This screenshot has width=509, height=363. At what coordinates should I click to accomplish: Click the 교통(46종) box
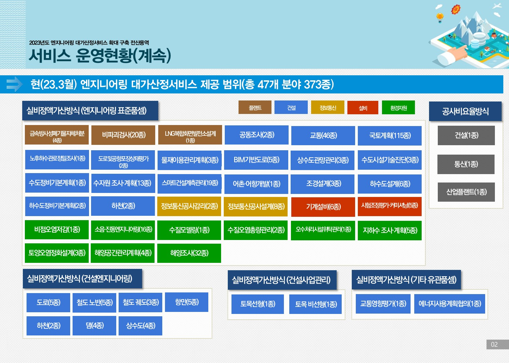click(x=323, y=135)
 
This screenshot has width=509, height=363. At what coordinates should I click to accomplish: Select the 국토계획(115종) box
click(x=389, y=135)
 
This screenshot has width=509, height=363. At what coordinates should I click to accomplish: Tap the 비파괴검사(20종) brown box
click(x=123, y=135)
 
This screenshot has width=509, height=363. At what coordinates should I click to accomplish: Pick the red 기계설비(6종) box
click(x=323, y=207)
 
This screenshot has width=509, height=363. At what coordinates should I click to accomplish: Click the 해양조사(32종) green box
click(x=189, y=253)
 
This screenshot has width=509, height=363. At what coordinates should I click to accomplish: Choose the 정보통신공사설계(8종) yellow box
click(x=256, y=206)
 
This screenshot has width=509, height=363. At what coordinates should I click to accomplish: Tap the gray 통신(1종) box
click(x=466, y=164)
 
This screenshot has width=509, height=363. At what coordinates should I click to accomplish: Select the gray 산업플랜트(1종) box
click(x=466, y=192)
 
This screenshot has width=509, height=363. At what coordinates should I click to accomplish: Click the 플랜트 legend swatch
click(x=255, y=107)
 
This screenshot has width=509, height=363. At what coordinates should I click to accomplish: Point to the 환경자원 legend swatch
click(x=398, y=107)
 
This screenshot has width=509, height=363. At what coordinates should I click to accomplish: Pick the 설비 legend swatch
click(x=363, y=108)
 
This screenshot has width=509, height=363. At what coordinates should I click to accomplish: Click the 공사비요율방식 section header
click(x=465, y=111)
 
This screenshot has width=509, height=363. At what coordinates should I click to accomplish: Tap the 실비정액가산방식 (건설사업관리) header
click(x=282, y=280)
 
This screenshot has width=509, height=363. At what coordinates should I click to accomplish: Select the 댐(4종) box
click(x=94, y=325)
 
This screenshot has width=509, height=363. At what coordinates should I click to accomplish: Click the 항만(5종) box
click(x=186, y=302)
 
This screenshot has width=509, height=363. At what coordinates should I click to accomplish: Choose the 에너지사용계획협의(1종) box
click(x=450, y=304)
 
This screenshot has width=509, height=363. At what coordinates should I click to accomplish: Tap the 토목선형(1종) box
click(x=258, y=304)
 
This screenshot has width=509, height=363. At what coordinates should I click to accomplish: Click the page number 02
click(x=494, y=345)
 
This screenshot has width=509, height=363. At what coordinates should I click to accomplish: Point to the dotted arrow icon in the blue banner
click(x=14, y=84)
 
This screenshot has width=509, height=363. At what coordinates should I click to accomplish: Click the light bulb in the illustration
click(x=440, y=17)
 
